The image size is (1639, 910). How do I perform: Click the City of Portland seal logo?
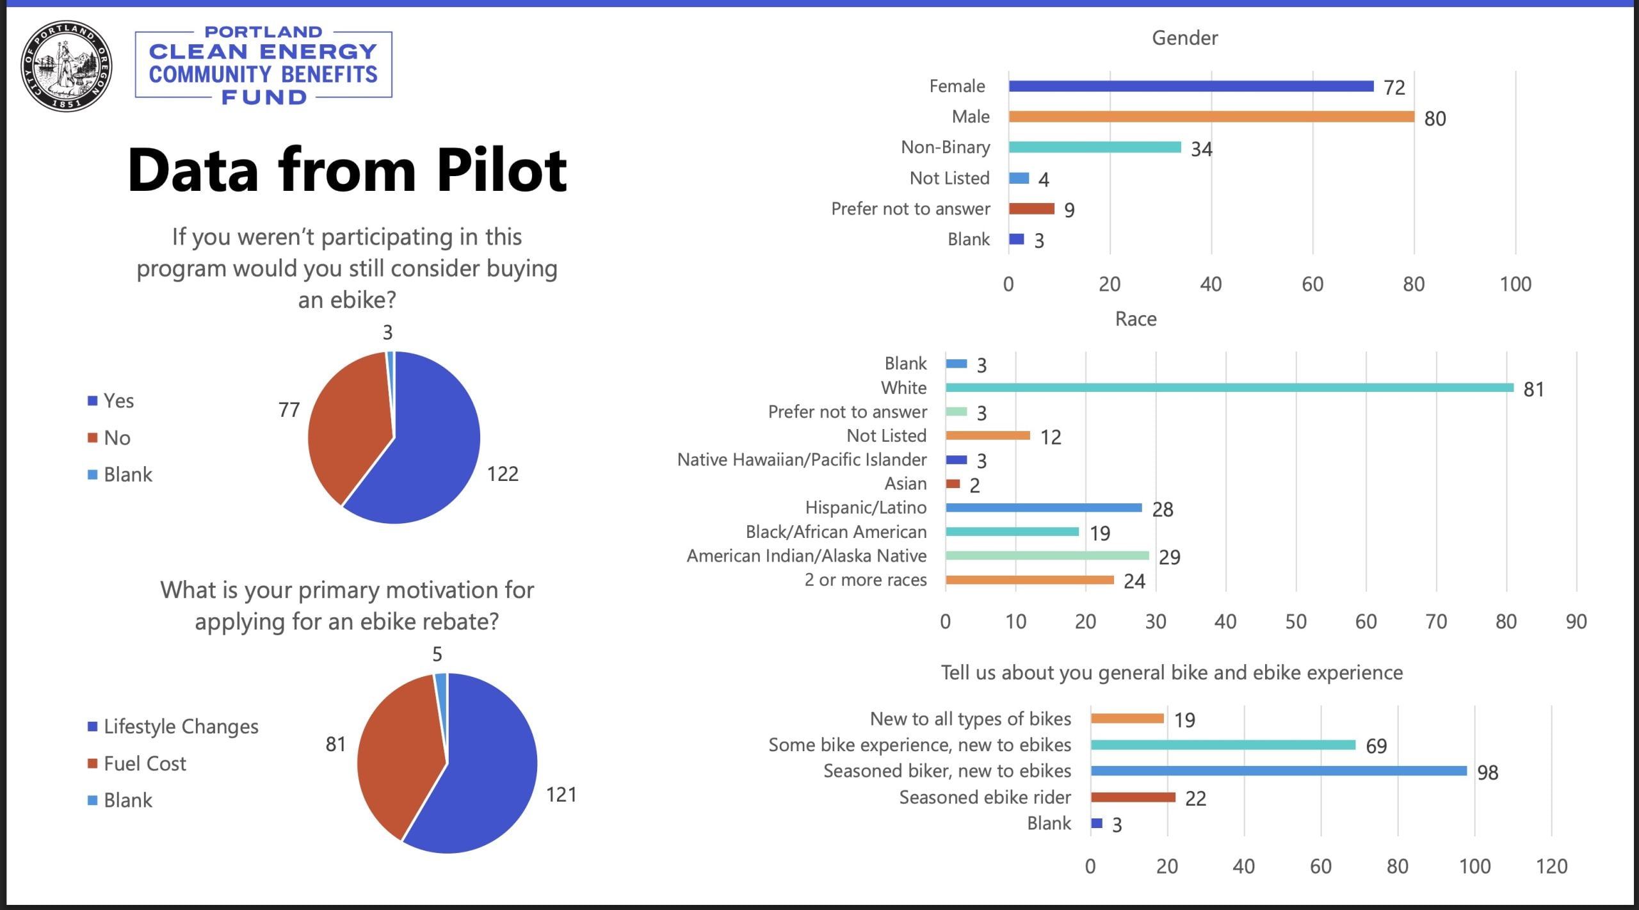pos(66,66)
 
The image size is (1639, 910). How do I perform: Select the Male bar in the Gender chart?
pos(1211,117)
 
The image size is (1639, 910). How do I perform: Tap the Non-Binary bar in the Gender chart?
pos(1095,147)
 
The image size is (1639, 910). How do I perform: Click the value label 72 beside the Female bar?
pos(1394,88)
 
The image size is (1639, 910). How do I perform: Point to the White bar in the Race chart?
pos(1229,387)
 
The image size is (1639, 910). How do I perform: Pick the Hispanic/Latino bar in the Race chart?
pos(1044,508)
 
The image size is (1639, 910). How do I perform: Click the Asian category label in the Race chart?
pos(905,483)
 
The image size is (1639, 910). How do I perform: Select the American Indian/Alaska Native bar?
pos(1047,556)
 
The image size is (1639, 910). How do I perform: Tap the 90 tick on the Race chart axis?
pos(1576,621)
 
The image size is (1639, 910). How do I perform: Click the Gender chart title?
pos(1184,38)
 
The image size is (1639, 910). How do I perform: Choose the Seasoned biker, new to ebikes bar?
pos(1279,771)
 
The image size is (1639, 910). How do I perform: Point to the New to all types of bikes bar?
pos(1127,719)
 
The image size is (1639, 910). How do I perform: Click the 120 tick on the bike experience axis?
pos(1551,866)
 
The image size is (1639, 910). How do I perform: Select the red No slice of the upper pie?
pos(346,423)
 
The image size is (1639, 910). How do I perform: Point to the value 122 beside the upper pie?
pos(503,474)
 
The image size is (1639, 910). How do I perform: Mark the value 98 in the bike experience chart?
pos(1487,772)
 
